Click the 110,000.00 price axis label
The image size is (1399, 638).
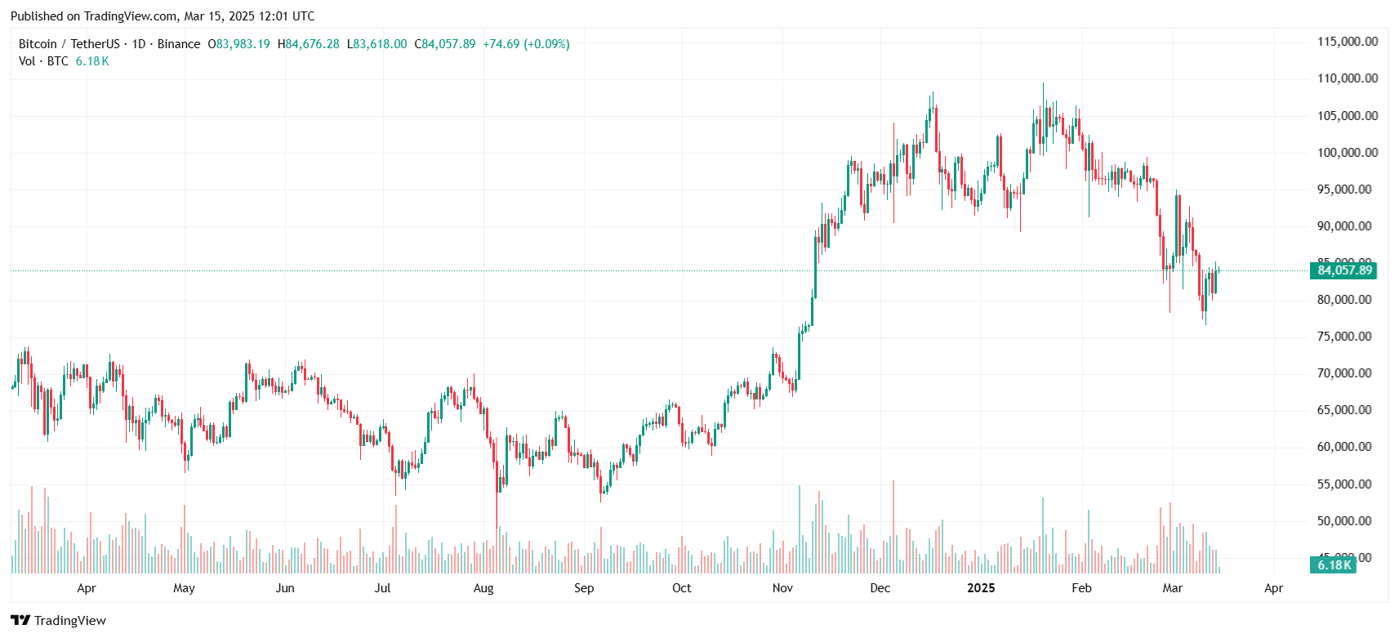(1347, 78)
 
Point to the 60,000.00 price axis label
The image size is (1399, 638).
(1343, 447)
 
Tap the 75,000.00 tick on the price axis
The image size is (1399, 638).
(1343, 337)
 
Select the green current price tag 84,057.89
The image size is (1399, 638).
(1344, 270)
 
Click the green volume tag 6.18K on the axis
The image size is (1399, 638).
(1334, 565)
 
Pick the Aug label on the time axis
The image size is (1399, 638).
(483, 588)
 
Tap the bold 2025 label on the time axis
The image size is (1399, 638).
(981, 588)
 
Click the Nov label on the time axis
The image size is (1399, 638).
(782, 588)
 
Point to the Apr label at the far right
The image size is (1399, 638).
(1273, 588)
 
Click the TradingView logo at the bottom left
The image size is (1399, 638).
(59, 621)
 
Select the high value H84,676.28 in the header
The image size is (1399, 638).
(309, 44)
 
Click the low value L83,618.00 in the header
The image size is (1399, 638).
(377, 44)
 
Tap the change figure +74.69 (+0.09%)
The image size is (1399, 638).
(526, 44)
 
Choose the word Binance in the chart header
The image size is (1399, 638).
(179, 44)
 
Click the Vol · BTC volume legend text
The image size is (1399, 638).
(44, 61)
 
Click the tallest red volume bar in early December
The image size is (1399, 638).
(893, 527)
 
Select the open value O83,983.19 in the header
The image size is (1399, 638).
(239, 44)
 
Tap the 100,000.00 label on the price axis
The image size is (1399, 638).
(1347, 153)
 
